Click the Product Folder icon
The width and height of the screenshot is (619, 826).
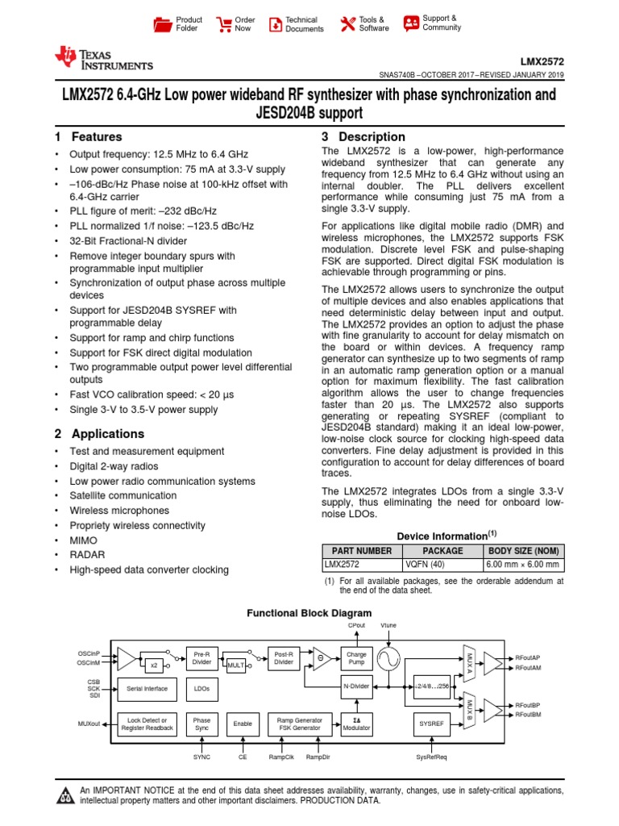163,24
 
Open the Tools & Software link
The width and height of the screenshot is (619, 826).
348,24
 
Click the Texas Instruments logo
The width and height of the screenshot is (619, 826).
102,58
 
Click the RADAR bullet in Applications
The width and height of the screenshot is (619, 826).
88,555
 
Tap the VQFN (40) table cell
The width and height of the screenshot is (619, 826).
424,565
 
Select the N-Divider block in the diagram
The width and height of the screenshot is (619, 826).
355,686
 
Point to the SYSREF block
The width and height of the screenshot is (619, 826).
432,724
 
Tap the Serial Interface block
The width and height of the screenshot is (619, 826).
147,688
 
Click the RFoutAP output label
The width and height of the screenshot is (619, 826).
528,657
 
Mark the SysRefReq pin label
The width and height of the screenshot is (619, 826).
431,757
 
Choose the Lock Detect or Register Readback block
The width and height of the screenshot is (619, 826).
147,724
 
